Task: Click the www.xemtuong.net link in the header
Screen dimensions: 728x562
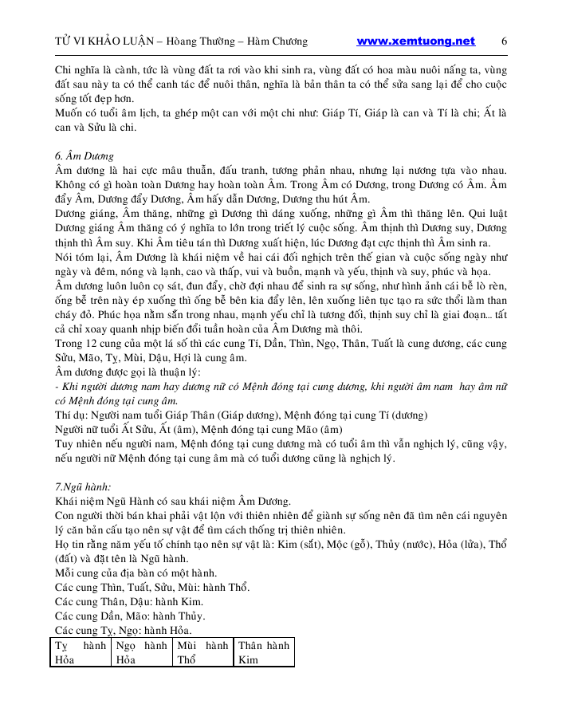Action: point(415,41)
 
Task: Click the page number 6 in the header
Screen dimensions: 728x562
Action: point(505,41)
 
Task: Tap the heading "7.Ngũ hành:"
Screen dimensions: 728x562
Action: point(83,486)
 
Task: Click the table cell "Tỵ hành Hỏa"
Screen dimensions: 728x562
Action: point(80,652)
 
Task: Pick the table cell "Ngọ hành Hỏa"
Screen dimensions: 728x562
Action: point(141,652)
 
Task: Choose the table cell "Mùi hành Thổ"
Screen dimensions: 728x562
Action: point(202,652)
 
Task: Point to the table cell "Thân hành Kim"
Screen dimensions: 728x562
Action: point(264,652)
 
